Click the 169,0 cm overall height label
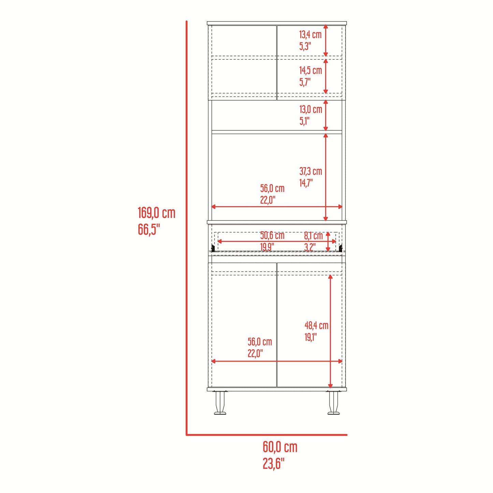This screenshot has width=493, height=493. (x=156, y=213)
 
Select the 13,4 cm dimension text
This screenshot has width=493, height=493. (x=310, y=34)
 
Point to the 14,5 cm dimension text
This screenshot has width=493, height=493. (x=310, y=70)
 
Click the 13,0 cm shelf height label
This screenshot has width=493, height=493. (x=310, y=110)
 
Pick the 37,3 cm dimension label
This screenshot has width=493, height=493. (x=310, y=171)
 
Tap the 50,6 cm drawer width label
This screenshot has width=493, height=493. (x=272, y=235)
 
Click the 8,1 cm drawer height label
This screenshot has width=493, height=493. (x=313, y=236)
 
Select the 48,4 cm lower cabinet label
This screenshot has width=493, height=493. (x=316, y=325)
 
